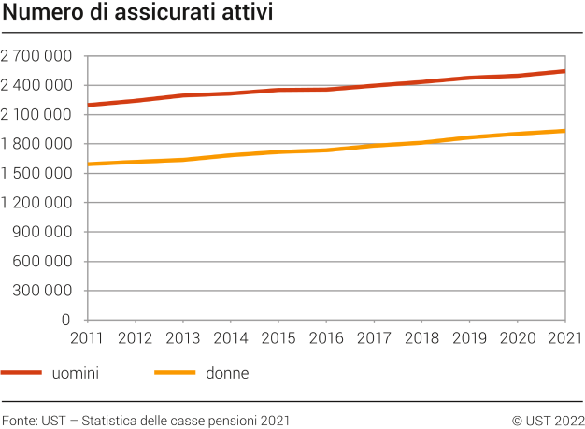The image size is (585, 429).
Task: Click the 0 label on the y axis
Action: [x=67, y=320]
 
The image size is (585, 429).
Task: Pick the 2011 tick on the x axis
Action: [x=87, y=337]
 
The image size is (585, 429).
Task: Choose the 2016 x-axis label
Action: [x=326, y=337]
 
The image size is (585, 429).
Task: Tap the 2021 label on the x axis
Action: [x=564, y=337]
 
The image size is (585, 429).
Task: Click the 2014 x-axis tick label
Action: [x=231, y=337]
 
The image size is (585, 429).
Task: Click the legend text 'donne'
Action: [x=227, y=373]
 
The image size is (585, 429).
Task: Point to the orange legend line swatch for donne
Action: [x=174, y=373]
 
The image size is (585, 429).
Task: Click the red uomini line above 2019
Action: [x=470, y=78]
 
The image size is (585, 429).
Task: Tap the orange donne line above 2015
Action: [x=278, y=151]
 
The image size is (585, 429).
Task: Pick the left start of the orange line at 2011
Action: [x=87, y=164]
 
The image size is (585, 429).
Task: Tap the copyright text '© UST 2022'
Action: [x=548, y=420]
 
